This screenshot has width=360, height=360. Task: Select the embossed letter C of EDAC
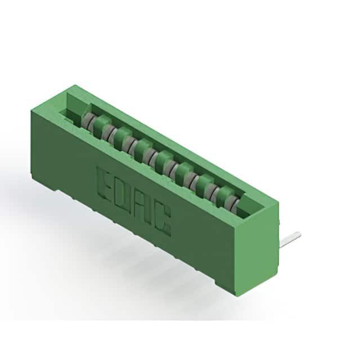click(x=163, y=220)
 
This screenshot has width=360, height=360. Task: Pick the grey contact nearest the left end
click(x=87, y=120)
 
